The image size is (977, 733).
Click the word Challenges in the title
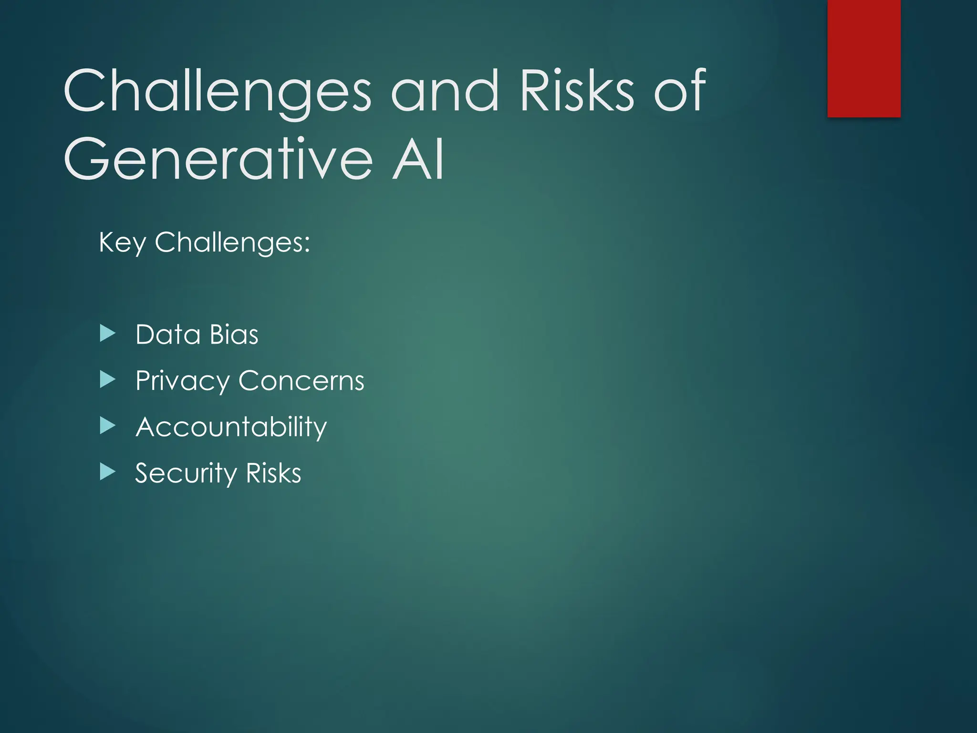[x=217, y=91]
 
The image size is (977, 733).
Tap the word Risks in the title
[x=577, y=91]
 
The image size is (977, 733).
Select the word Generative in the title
[x=218, y=159]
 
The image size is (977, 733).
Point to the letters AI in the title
[x=418, y=159]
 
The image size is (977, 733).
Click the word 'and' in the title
[x=445, y=91]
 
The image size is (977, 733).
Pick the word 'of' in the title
[x=679, y=91]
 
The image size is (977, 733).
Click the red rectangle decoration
[x=863, y=58]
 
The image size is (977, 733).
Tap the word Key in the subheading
[x=122, y=242]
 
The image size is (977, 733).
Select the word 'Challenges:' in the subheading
[x=232, y=242]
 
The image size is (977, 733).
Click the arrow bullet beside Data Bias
[x=108, y=334]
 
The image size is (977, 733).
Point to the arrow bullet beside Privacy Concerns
[x=108, y=380]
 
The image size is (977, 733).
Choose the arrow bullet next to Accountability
[x=108, y=426]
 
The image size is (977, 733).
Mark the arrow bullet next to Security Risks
[x=108, y=472]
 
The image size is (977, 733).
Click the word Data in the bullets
[x=167, y=335]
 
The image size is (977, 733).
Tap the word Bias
[x=234, y=335]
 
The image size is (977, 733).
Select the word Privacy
[x=183, y=381]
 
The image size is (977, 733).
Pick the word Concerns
[x=301, y=381]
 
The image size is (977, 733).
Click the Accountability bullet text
[x=231, y=427]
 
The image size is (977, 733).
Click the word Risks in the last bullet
[x=274, y=473]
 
